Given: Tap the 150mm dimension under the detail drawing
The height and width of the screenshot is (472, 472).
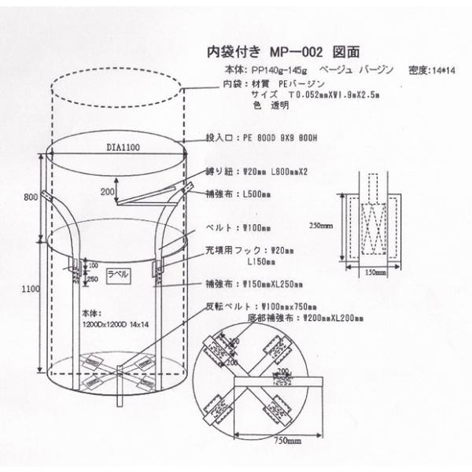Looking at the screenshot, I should pos(375,273).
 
